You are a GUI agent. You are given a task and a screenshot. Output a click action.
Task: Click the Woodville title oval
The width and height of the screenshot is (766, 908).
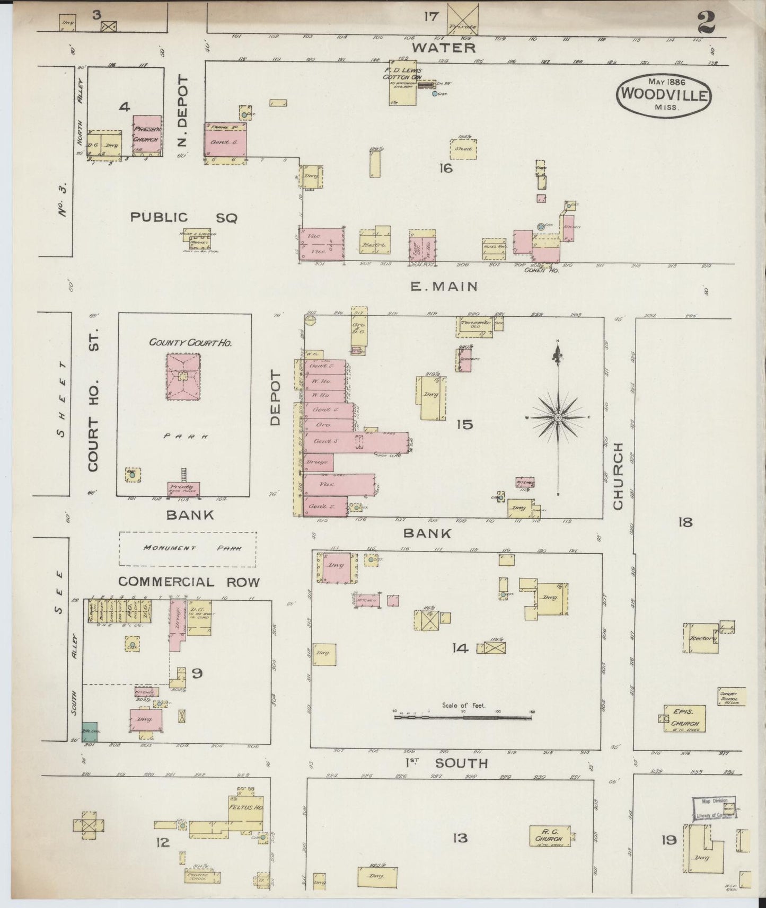tap(663, 94)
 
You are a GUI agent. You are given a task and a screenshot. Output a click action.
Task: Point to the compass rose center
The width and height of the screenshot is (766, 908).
tap(558, 417)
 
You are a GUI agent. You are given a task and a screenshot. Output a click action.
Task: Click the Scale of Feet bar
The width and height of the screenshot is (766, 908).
tap(463, 717)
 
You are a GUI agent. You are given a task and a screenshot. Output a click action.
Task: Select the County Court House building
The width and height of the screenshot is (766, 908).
tap(183, 376)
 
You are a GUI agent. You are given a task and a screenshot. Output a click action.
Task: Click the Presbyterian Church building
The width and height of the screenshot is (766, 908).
tap(147, 136)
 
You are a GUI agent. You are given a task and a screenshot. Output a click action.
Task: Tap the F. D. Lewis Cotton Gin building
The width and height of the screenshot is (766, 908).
tap(402, 85)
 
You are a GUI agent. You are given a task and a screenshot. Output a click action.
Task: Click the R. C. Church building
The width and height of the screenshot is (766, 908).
tap(551, 836)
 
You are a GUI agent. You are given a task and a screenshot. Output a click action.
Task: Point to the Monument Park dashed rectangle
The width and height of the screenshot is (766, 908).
tap(187, 549)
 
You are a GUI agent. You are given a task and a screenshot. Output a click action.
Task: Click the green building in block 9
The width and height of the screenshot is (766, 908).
tap(89, 731)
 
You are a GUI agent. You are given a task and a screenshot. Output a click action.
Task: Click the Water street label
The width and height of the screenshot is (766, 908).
tap(444, 48)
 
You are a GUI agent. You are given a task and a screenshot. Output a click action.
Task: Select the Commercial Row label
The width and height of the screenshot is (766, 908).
tap(189, 582)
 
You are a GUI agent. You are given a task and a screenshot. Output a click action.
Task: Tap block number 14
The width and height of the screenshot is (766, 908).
tap(460, 647)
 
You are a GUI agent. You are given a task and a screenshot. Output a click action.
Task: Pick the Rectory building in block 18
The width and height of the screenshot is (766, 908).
tap(700, 638)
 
